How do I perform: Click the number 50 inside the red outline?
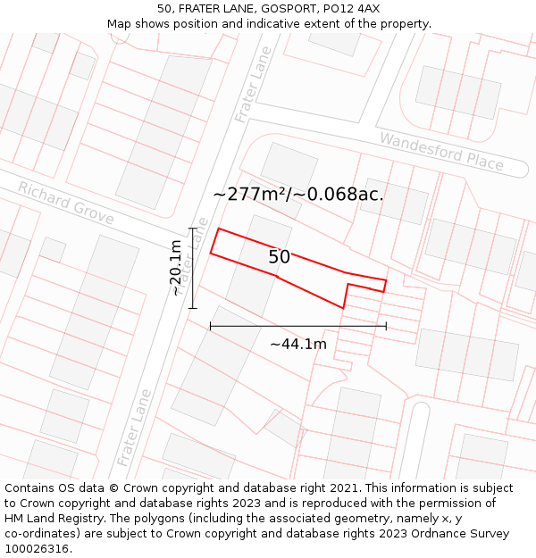(279, 257)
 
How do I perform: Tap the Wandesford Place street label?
(441, 151)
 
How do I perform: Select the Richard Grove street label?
(65, 204)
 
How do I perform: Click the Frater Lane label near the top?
(253, 85)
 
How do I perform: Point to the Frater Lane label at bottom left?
(135, 426)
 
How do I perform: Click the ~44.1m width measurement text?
(298, 344)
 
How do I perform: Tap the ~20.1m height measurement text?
(176, 267)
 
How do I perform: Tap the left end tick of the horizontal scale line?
(211, 327)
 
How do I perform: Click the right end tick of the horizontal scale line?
(386, 327)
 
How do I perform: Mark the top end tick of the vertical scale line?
(192, 229)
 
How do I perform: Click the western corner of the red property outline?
(211, 253)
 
